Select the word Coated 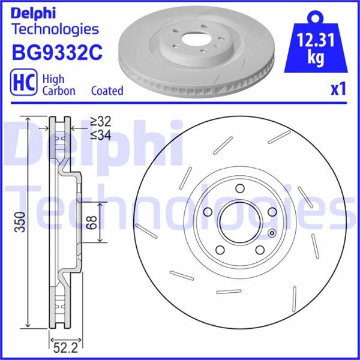click(107, 91)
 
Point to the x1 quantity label click(338, 89)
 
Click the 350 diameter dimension click(20, 222)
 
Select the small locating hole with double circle click(271, 233)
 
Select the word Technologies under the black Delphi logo click(55, 28)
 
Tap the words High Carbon click(59, 85)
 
